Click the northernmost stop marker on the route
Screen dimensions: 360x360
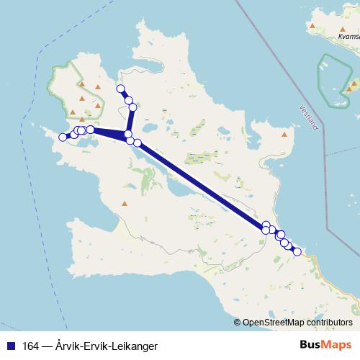tap(121, 89)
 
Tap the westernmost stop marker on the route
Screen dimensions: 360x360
tap(63, 137)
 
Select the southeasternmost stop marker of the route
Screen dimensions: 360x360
tap(297, 251)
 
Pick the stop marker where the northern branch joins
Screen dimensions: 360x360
tap(128, 135)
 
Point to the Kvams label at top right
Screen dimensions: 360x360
tap(338, 35)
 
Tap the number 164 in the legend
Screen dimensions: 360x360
tap(30, 346)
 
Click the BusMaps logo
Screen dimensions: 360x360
tap(322, 345)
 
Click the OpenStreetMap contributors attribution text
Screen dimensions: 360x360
tap(302, 323)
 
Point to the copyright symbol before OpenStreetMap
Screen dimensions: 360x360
tap(238, 323)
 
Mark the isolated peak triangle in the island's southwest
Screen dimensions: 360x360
tap(125, 204)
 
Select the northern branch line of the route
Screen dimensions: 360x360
tap(132, 115)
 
